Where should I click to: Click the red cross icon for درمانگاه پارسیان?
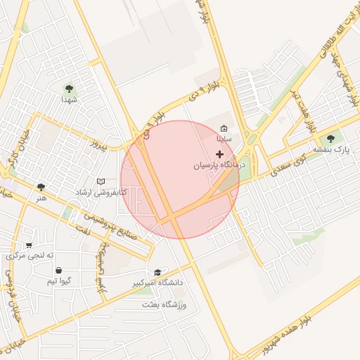(219, 153)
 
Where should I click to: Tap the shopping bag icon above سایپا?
(224, 129)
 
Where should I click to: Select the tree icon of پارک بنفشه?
(331, 139)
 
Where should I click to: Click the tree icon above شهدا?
(69, 89)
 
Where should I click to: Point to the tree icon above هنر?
(41, 187)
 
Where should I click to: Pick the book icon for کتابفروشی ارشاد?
(101, 181)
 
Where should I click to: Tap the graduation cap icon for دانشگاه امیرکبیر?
(157, 272)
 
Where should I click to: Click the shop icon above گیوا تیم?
(58, 270)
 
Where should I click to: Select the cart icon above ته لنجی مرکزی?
(29, 245)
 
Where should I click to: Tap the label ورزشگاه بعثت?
(164, 304)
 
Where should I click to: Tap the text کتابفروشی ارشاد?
(102, 192)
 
